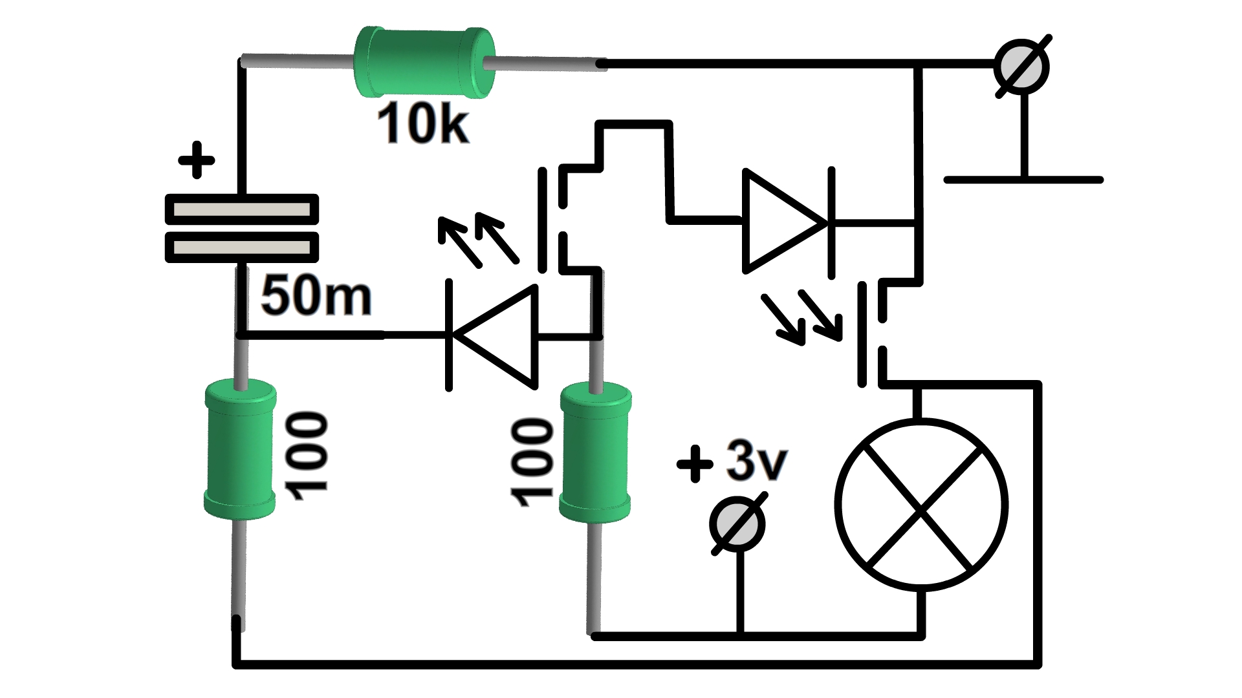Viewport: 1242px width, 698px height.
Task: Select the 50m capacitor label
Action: (x=316, y=296)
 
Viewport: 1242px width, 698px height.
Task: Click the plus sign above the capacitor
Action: (x=196, y=159)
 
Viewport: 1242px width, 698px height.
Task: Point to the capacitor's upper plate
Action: (x=242, y=209)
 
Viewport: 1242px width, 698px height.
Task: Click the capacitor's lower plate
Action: (x=242, y=248)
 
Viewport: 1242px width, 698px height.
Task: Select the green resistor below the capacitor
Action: (x=240, y=450)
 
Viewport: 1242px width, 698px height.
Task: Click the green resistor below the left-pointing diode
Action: (x=595, y=452)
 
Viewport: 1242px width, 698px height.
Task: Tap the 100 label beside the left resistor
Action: (x=307, y=456)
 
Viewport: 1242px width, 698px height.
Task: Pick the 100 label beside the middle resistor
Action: (x=532, y=462)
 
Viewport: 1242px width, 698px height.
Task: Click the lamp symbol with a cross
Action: (x=921, y=505)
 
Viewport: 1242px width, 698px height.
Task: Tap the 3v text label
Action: (x=756, y=460)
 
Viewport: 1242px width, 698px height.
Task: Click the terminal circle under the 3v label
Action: (x=737, y=524)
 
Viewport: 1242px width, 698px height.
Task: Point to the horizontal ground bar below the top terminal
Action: (x=1023, y=180)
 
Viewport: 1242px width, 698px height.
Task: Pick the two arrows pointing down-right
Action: (x=802, y=317)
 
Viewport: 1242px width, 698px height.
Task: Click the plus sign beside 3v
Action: (x=694, y=463)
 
